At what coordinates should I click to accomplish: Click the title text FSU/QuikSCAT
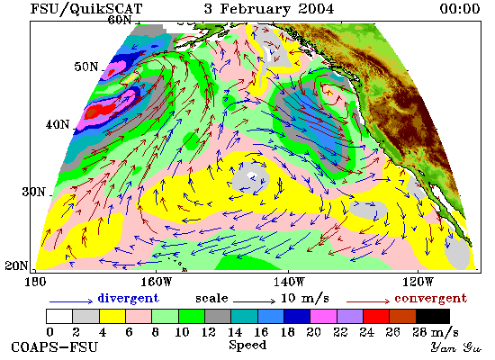[x=86, y=9]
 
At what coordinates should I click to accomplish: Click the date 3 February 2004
[x=269, y=8]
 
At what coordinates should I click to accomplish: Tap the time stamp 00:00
[x=460, y=8]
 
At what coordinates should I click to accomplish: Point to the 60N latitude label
[x=120, y=20]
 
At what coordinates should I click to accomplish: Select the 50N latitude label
[x=86, y=67]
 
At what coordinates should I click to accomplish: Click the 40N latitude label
[x=58, y=124]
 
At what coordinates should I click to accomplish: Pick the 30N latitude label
[x=33, y=192]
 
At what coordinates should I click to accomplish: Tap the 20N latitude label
[x=16, y=265]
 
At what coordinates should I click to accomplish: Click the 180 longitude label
[x=35, y=282]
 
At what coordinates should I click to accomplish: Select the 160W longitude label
[x=157, y=282]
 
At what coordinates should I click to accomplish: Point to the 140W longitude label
[x=289, y=282]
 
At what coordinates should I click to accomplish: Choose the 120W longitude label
[x=418, y=282]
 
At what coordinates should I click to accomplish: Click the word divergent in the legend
[x=128, y=298]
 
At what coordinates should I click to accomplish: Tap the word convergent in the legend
[x=430, y=299]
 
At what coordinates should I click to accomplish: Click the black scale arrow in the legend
[x=254, y=301]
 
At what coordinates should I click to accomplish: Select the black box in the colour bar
[x=433, y=317]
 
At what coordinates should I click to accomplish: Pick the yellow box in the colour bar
[x=112, y=317]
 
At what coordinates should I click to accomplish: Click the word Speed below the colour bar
[x=247, y=346]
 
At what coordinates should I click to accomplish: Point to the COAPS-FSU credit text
[x=54, y=347]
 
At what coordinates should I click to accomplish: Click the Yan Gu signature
[x=456, y=347]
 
